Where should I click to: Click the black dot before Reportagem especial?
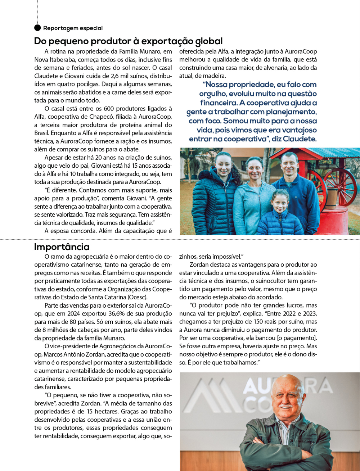point(37,28)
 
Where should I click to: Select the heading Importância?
point(62,247)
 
